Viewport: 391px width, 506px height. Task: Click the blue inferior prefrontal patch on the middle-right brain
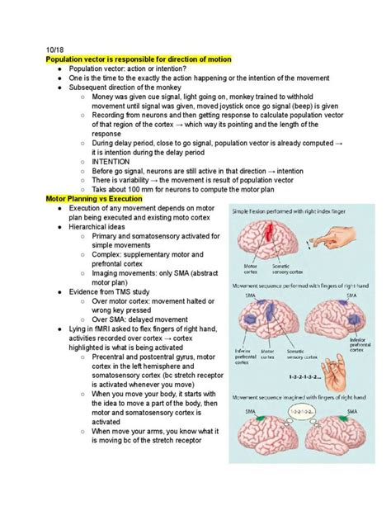pos(355,319)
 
